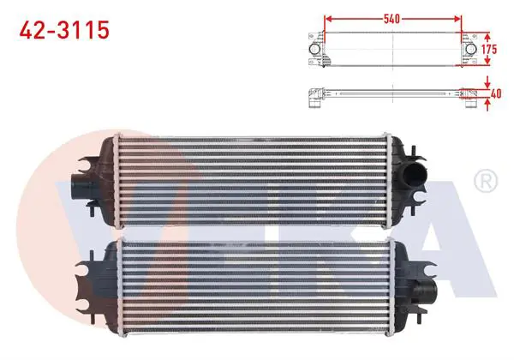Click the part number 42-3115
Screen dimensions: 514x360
64,30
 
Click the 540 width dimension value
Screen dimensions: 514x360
391,19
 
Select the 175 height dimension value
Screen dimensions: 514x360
489,49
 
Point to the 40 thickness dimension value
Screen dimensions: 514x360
496,93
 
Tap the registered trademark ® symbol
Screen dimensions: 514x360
486,181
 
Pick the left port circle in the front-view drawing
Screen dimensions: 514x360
314,49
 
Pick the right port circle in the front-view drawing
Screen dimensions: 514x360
470,49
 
